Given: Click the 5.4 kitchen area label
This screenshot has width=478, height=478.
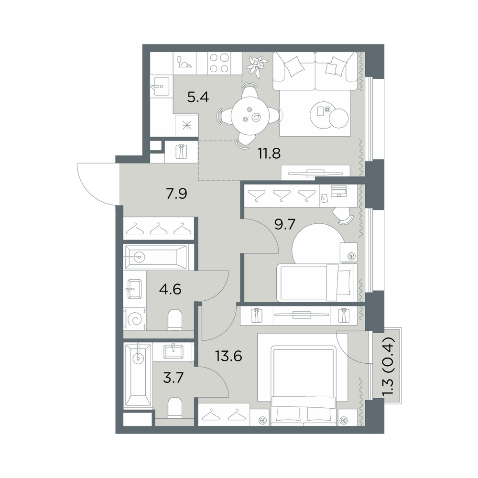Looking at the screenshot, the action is [198, 98].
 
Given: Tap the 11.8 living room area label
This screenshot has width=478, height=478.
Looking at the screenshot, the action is [269, 153].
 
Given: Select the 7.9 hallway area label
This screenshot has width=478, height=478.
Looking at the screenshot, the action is [176, 194].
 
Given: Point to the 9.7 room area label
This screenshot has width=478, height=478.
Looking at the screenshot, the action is [285, 225].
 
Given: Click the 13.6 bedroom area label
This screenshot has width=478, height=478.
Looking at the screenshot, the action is [228, 356].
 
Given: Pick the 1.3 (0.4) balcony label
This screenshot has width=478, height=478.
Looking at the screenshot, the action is [389, 367].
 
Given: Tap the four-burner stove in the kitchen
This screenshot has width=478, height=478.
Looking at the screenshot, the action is [219, 63].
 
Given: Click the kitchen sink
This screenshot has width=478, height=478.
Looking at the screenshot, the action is [160, 86].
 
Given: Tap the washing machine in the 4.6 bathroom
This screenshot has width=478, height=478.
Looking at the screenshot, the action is [135, 319].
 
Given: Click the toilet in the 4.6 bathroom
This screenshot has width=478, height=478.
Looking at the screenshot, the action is [175, 320].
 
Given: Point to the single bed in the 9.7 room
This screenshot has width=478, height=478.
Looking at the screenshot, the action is [317, 282].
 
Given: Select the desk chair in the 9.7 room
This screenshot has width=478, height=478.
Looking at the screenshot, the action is [343, 216].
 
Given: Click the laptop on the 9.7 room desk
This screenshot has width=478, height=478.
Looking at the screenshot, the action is [338, 191].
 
